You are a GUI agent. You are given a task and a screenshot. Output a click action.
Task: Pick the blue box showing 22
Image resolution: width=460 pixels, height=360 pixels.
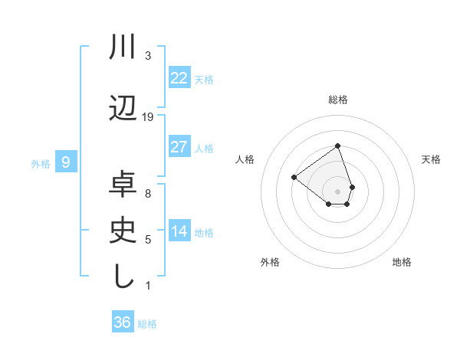coord(179,78)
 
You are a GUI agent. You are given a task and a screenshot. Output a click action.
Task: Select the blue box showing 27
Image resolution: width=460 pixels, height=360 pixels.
coord(179,147)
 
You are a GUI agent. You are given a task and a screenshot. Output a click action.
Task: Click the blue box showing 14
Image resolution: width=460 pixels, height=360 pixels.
coord(179,232)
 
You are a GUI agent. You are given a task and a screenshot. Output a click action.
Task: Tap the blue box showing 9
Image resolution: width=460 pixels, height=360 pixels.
coord(66,162)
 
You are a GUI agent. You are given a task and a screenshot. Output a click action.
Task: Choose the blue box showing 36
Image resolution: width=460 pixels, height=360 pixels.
coord(123,322)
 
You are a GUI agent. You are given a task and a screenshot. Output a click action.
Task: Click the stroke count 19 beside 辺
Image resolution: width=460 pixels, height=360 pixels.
coord(148,116)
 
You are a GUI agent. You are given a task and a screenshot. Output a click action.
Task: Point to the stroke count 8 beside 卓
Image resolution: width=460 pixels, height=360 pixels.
coord(148,194)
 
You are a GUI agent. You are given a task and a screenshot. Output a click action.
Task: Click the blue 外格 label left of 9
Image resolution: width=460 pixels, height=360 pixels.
coord(41,163)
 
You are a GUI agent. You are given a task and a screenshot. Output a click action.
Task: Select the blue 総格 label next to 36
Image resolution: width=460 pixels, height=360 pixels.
coord(147,324)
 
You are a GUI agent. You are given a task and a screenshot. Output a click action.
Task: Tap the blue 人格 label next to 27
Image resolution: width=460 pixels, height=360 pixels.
coord(204,149)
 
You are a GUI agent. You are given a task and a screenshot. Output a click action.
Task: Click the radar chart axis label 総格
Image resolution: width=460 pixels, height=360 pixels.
coord(338,100)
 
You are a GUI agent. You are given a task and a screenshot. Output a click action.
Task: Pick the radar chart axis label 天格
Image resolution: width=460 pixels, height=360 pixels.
coord(432,159)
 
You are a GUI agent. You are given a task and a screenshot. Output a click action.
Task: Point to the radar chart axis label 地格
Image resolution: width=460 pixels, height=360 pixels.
coord(402,262)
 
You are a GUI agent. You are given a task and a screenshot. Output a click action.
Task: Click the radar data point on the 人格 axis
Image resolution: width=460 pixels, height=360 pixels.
coord(294,177)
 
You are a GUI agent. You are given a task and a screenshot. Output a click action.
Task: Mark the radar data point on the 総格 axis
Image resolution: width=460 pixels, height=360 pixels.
coord(337,146)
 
